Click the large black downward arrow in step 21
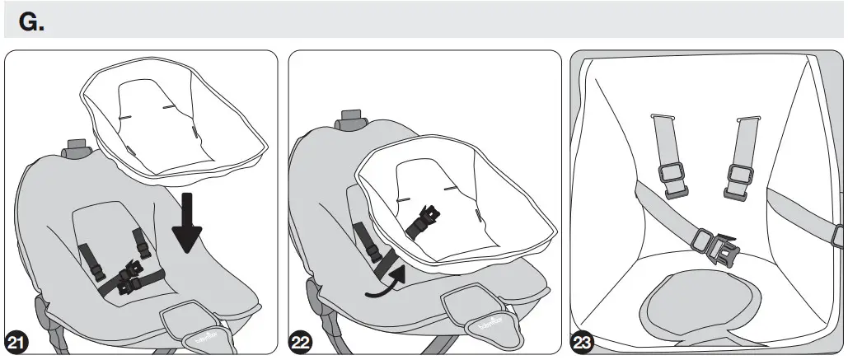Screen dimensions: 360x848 click(190, 223)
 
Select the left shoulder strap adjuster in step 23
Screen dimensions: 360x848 click(671, 180)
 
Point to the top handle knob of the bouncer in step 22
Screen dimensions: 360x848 click(350, 117)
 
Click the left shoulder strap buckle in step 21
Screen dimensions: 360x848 click(93, 257)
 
